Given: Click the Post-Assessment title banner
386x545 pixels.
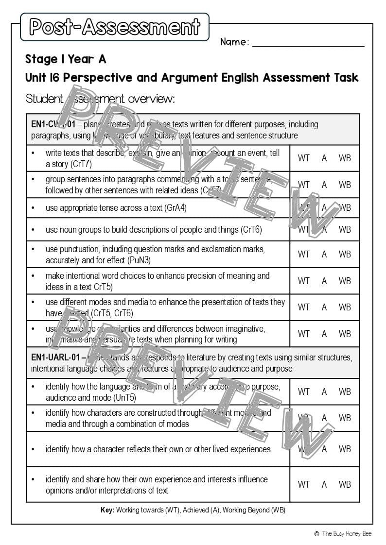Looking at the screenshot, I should (115, 27).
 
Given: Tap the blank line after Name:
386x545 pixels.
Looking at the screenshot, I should (308, 43).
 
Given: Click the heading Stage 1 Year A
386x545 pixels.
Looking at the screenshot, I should (66, 59).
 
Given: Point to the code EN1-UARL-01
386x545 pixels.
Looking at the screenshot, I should (55, 358).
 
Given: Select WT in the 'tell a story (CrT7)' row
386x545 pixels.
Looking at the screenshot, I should (303, 158).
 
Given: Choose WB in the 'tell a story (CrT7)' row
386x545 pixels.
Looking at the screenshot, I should (345, 158).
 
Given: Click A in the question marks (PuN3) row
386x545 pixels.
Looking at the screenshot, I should (324, 254).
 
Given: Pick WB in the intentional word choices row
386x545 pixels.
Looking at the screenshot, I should (345, 281).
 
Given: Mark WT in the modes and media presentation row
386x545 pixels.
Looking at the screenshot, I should (303, 307).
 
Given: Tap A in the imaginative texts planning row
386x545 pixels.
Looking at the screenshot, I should (324, 334).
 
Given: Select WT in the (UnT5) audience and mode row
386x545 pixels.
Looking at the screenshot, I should (303, 392).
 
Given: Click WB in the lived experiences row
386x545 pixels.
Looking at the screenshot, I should (345, 449).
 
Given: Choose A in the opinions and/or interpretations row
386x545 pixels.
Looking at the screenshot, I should (324, 484).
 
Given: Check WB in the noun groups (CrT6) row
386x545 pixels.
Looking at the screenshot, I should (345, 229).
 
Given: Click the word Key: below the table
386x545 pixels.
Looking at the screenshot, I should (107, 510).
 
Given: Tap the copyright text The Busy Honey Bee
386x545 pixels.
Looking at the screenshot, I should (346, 533).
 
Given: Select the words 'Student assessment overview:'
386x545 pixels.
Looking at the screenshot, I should (100, 99).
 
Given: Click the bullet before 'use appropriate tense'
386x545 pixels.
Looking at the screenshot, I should (33, 208).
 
